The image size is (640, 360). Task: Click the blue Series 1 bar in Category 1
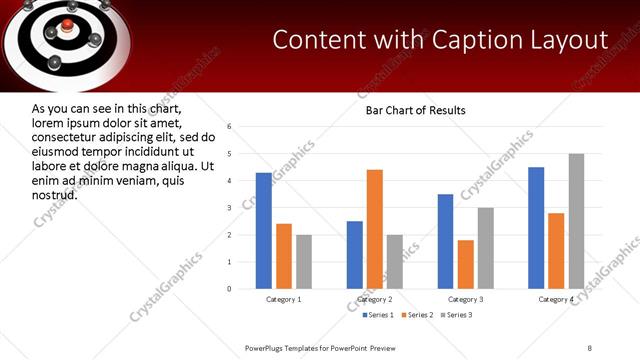264,231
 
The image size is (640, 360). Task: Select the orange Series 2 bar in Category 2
375,229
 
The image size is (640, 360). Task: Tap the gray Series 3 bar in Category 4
576,221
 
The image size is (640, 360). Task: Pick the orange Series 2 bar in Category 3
466,264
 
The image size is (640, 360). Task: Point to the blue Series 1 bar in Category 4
536,228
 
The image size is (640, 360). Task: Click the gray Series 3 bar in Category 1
304,262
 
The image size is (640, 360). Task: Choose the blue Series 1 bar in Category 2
355,255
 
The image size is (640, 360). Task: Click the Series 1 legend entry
377,316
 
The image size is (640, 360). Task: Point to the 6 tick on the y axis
230,127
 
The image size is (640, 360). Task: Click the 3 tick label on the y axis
230,208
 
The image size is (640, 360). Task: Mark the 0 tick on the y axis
230,289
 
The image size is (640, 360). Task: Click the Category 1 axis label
284,299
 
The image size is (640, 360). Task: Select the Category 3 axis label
466,299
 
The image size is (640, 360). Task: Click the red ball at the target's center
67,23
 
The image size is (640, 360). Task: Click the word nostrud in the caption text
55,193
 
